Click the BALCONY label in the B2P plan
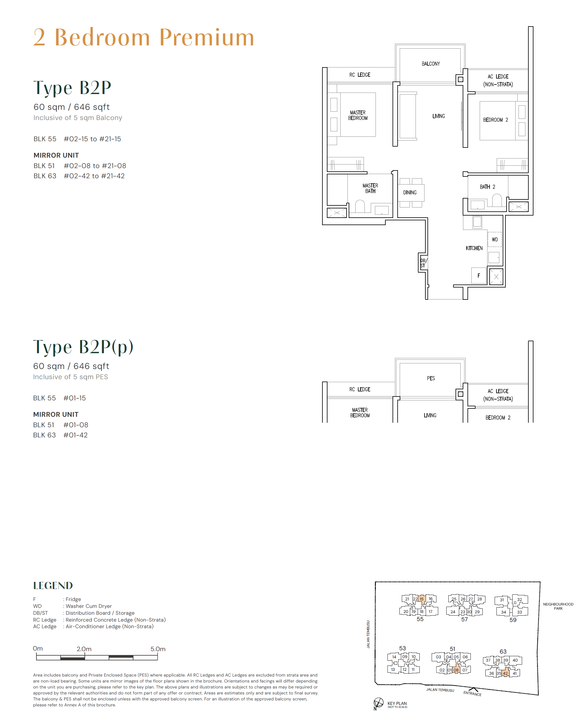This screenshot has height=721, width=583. pos(430,64)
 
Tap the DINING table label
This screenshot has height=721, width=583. pos(410,193)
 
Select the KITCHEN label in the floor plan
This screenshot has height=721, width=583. pos(474,248)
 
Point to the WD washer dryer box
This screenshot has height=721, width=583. pos(495,239)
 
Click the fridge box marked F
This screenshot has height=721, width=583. pos(479,276)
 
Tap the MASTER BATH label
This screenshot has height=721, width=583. pos(370,188)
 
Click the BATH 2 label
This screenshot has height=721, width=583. pos(487,187)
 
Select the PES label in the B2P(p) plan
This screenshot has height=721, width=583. pos(431,378)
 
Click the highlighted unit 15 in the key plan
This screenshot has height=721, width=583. pos(422,599)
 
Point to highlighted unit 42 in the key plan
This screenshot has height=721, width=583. pos(505,673)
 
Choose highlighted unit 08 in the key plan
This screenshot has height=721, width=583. pos(456,670)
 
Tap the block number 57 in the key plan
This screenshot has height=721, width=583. pos(464,619)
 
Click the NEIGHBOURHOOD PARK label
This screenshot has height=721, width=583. pos(558,606)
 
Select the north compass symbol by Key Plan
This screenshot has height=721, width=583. pos(378,702)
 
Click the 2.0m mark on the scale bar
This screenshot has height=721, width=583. pos(84,649)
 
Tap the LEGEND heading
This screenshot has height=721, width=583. pos(53,585)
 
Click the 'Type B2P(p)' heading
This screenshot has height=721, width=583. pos(83,347)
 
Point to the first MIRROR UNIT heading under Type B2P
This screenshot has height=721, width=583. pos(56,155)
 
